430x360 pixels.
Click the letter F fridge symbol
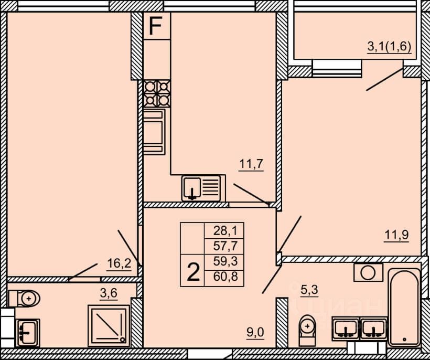[155, 26]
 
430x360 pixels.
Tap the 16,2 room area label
[119, 263]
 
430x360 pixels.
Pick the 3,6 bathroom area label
[109, 293]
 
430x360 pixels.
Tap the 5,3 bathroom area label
[309, 290]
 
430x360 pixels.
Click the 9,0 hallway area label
[255, 332]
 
